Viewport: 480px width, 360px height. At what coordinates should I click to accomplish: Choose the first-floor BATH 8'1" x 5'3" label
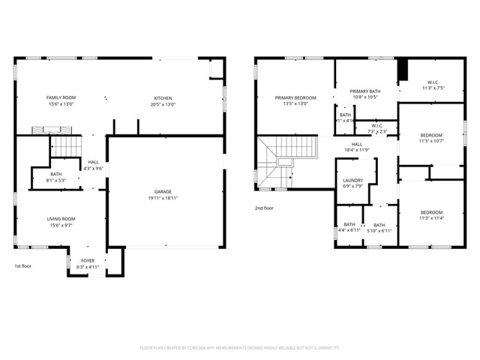tap(56, 177)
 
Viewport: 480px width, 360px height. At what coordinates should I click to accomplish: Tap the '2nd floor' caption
tap(264, 208)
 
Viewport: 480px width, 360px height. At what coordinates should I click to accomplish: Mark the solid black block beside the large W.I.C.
tap(402, 69)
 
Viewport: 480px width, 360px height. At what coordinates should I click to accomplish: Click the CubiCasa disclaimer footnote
tap(240, 347)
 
